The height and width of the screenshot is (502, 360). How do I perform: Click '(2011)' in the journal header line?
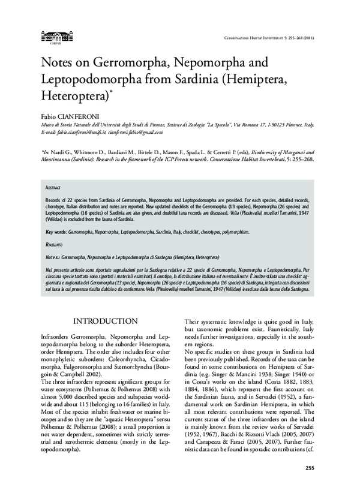click(x=308, y=38)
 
